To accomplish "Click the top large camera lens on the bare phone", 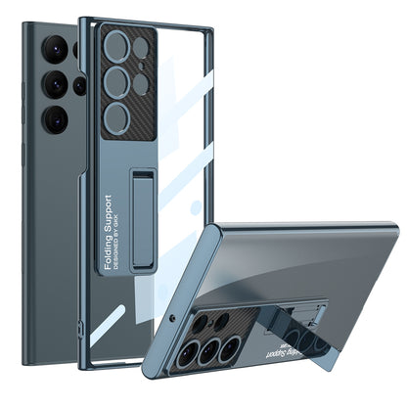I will click(56, 49).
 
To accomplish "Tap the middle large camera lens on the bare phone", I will click(56, 84).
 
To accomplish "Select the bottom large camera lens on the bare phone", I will click(56, 118).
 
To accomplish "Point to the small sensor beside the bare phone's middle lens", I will click(79, 85).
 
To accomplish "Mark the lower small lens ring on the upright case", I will click(140, 84).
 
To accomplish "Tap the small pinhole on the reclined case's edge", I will click(172, 319).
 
